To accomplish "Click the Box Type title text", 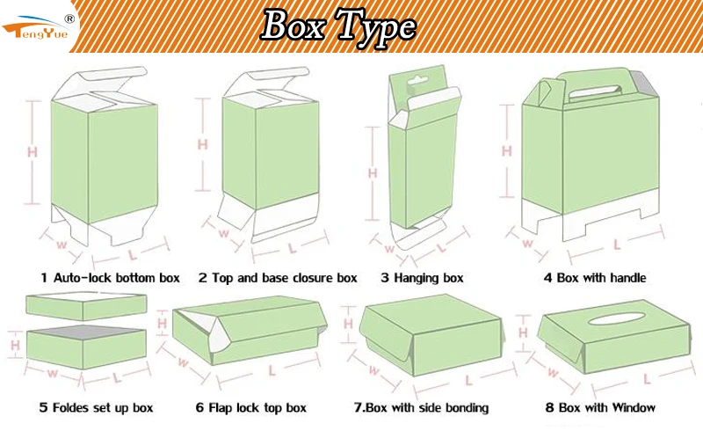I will tap(337, 26).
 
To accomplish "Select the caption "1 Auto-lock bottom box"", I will tap(110, 278).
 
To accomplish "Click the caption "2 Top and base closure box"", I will tap(278, 278).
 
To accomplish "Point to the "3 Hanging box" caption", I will tap(422, 278).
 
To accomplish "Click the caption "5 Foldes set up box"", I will tap(96, 407).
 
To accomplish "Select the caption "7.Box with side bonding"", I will tap(421, 407).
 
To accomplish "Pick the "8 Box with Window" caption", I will tap(599, 407).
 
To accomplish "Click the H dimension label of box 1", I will tap(33, 151).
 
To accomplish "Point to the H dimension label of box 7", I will tap(348, 325).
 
